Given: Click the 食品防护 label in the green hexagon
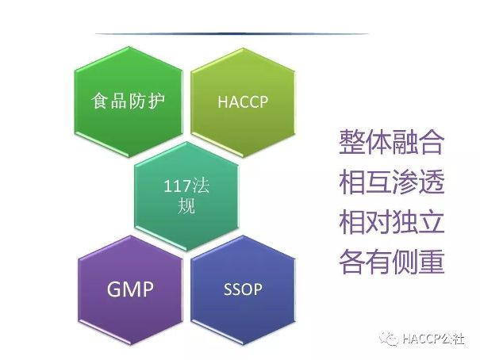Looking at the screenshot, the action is tap(129, 101).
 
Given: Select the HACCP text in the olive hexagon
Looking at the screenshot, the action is tap(243, 101).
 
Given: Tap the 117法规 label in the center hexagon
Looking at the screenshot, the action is tap(186, 196).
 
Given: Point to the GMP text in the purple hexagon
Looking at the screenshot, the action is tap(130, 289).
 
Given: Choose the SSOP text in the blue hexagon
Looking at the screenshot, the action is tap(243, 289).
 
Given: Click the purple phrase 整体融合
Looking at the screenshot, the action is tap(391, 142).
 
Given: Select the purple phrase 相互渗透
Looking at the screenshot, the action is tap(391, 182).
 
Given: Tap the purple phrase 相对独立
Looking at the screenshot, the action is tap(391, 222).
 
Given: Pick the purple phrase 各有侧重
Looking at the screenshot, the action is tap(391, 262).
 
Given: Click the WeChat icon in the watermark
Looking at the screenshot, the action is tap(389, 339).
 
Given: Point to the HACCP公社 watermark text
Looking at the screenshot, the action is tap(433, 339).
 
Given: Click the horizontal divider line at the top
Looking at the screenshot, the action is tap(232, 33).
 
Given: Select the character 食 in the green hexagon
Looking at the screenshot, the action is tap(100, 101).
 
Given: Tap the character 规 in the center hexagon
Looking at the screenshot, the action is tap(186, 205).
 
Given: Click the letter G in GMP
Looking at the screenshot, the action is tap(114, 289).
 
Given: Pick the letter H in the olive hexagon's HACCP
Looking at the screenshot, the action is tap(222, 101).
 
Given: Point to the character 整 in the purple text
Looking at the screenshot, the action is tap(352, 142).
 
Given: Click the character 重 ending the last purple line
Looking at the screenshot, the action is tap(432, 262).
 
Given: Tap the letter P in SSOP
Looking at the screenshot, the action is tap(257, 289).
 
